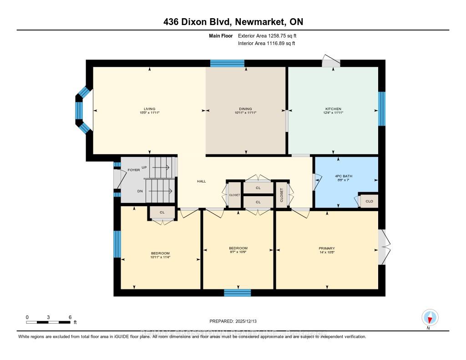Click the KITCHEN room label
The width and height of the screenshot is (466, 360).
point(333,109)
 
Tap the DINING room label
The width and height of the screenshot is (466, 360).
point(246,109)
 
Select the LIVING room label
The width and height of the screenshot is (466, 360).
point(149,109)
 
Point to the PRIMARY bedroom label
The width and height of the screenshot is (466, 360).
point(327,248)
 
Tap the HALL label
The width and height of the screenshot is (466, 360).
point(201,181)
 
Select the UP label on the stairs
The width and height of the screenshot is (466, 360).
point(144,167)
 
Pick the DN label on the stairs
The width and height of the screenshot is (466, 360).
point(140,191)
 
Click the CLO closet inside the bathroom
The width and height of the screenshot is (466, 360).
point(369,201)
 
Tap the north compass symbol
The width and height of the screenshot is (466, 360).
point(430,317)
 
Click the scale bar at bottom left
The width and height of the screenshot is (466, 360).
point(48,322)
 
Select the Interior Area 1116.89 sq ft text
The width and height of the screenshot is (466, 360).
point(266,44)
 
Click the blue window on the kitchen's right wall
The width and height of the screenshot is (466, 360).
point(382,108)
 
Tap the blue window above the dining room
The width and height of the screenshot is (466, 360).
point(227,63)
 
